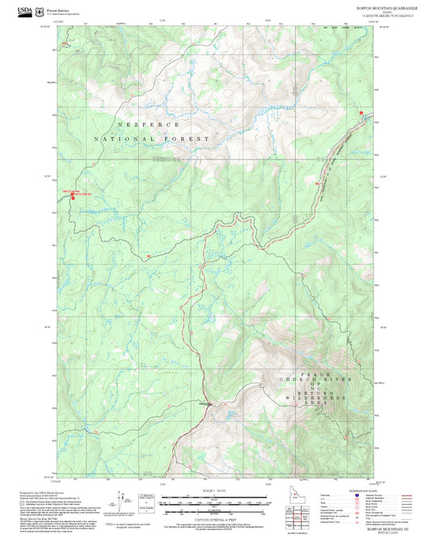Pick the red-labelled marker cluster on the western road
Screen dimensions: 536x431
[76, 194]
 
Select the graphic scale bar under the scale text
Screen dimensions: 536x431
[214, 500]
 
